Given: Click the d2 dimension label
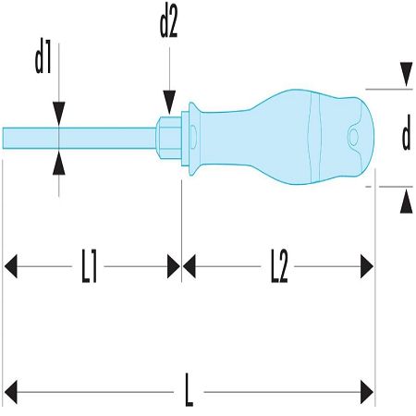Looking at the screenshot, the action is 168,25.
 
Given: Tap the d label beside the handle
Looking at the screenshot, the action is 406,132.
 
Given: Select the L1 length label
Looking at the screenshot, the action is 89,266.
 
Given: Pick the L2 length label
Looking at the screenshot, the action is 279,266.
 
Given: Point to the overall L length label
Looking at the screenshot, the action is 189,390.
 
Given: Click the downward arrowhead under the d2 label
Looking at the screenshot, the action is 169,102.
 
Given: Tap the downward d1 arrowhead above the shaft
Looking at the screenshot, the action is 59,114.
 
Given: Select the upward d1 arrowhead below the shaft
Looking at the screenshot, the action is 59,163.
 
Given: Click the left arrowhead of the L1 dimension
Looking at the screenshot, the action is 11,266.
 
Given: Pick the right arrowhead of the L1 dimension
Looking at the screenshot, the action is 174,266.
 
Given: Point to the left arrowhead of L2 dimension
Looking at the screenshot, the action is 190,266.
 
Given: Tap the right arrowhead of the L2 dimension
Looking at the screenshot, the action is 367,266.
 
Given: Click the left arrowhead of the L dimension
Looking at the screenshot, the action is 11,392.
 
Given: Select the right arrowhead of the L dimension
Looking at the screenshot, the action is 367,392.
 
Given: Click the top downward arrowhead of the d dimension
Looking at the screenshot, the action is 406,74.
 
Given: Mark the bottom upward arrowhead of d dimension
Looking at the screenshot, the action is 406,202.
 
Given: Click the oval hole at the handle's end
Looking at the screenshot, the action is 353,137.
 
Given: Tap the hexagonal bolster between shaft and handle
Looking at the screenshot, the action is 168,138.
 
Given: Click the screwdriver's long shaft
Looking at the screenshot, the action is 80,138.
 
